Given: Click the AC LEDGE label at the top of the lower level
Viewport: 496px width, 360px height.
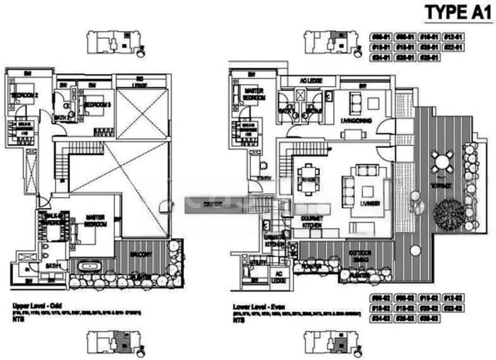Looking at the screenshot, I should [308, 80].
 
